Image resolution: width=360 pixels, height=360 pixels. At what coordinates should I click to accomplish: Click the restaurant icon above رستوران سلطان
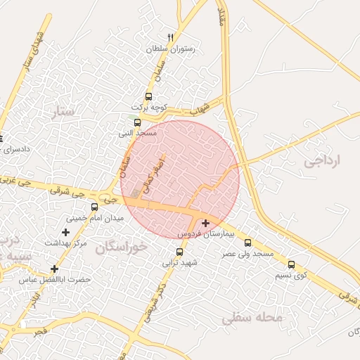(169, 37)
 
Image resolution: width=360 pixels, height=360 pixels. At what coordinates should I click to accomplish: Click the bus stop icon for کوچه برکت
(148, 96)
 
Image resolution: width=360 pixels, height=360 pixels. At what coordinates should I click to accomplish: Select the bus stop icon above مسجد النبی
(137, 122)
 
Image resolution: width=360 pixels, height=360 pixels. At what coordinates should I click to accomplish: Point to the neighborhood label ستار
(63, 111)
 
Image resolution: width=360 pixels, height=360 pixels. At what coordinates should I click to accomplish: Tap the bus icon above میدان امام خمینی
(95, 207)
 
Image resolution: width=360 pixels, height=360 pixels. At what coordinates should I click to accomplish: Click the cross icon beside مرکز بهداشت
(65, 232)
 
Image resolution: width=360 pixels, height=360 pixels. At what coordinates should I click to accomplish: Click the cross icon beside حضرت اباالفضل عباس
(54, 269)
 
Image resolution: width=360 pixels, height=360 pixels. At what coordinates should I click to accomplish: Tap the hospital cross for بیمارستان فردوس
(205, 223)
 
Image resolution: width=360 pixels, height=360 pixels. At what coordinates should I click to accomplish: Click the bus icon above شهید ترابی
(179, 252)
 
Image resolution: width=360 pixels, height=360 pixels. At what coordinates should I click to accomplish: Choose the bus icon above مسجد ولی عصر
(247, 243)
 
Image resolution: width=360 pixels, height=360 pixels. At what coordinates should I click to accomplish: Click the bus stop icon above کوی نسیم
(291, 265)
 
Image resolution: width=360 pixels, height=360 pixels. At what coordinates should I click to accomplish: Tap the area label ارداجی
(322, 161)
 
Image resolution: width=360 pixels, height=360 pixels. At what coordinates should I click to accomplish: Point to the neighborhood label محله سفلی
(252, 318)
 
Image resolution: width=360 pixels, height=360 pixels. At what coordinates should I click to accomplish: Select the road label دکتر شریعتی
(155, 303)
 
